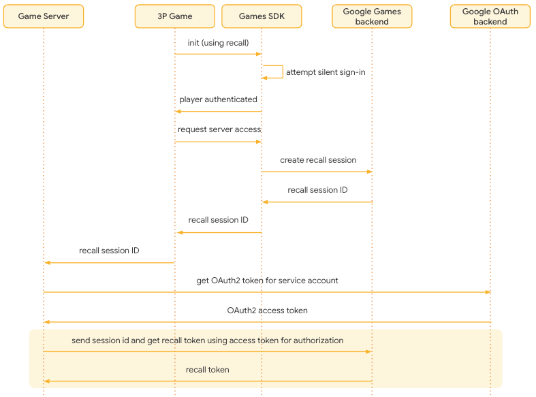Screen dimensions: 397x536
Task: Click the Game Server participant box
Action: [x=44, y=16]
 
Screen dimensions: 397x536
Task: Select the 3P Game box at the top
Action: [x=175, y=16]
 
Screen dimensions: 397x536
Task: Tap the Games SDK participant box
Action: [x=262, y=16]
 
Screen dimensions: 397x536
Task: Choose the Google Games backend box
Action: [x=372, y=16]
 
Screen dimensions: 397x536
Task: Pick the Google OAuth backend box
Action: [x=490, y=16]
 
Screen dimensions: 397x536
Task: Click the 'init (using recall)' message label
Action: [x=218, y=43]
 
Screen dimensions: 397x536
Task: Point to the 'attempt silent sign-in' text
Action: [x=330, y=72]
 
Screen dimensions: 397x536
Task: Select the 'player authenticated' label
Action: [x=218, y=99]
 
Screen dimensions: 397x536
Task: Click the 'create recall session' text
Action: [x=318, y=160]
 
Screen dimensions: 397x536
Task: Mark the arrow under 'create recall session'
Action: [x=317, y=172]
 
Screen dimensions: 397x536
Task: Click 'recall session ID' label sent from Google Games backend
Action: [x=317, y=190]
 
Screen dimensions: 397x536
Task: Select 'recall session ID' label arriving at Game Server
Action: [x=109, y=251]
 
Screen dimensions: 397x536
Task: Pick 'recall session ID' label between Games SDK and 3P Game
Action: [x=218, y=220]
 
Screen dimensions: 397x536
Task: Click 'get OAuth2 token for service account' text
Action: [x=267, y=281]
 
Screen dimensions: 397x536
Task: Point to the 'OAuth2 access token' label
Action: [x=267, y=311]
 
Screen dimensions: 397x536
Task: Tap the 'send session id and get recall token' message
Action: [x=207, y=340]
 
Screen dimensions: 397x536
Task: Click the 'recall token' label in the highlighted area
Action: [x=207, y=370]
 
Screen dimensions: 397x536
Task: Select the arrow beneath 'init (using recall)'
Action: [x=218, y=54]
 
